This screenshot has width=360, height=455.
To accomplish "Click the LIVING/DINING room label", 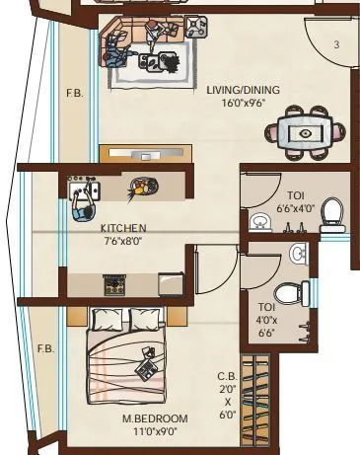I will pyautogui.click(x=243, y=90).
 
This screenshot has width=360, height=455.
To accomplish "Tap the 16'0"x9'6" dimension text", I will pyautogui.click(x=243, y=102).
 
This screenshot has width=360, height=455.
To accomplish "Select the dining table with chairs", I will pyautogui.click(x=306, y=132).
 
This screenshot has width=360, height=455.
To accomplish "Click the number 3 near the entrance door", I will pyautogui.click(x=335, y=44).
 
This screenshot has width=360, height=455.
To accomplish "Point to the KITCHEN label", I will pyautogui.click(x=123, y=227).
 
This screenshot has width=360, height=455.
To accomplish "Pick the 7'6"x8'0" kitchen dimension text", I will pyautogui.click(x=123, y=240).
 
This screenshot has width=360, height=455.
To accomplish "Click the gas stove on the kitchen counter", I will pyautogui.click(x=115, y=285).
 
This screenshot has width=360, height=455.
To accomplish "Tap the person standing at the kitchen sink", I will pyautogui.click(x=81, y=202).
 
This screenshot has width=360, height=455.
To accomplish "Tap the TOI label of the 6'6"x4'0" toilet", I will pyautogui.click(x=296, y=195).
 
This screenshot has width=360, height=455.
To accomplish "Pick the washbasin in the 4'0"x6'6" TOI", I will pyautogui.click(x=299, y=255).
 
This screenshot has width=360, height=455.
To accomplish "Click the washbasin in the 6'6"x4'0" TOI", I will pyautogui.click(x=260, y=221).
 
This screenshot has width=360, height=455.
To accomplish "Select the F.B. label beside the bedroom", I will pyautogui.click(x=45, y=349).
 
